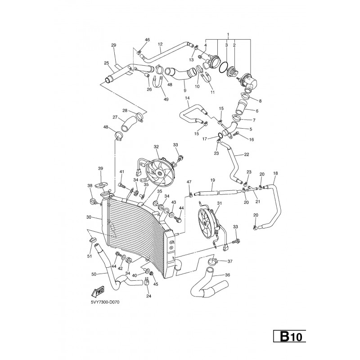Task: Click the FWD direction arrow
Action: coord(98,291)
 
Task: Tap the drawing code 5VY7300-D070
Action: coord(105,302)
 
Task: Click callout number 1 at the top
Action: coord(228,35)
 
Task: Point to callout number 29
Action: coord(114,45)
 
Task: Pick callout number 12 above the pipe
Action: coord(160,44)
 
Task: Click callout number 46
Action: coord(147,40)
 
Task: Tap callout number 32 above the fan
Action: coord(156,147)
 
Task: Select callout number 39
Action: coord(100,168)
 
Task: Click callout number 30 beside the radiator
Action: coord(89,217)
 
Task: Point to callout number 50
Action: coord(94,274)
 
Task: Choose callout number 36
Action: coord(227,275)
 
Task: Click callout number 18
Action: coord(275,173)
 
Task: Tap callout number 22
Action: coord(246,154)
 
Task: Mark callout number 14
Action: coord(187,98)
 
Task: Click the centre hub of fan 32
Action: coord(159,172)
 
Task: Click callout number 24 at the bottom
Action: coord(148,296)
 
